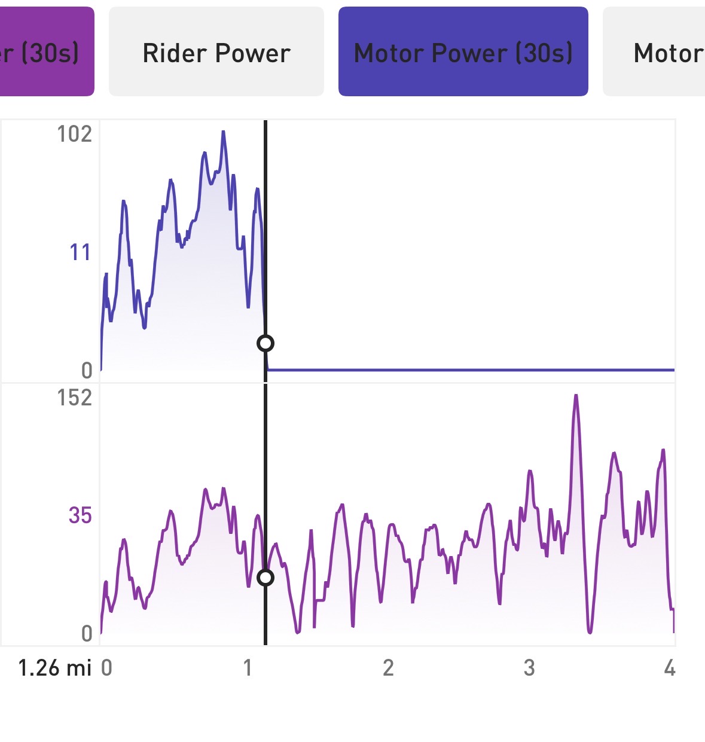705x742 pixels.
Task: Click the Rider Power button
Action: pyautogui.click(x=216, y=53)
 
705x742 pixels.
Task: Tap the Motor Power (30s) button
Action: pyautogui.click(x=463, y=53)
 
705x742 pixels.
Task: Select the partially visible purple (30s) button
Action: pyautogui.click(x=47, y=53)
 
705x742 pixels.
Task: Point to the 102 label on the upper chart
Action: pyautogui.click(x=75, y=134)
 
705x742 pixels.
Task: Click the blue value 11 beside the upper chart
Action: pyautogui.click(x=80, y=252)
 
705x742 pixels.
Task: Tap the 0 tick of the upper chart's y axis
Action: pyautogui.click(x=87, y=371)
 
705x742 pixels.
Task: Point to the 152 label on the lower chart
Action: pyautogui.click(x=75, y=398)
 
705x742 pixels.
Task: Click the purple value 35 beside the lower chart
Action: pyautogui.click(x=80, y=515)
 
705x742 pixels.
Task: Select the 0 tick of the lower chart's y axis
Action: pyautogui.click(x=87, y=634)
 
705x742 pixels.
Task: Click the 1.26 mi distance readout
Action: pyautogui.click(x=55, y=668)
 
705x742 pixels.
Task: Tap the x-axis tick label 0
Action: pyautogui.click(x=106, y=668)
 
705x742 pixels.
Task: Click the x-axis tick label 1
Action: pyautogui.click(x=248, y=668)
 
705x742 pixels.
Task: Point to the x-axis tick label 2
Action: pyautogui.click(x=388, y=668)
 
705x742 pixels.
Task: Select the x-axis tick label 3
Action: pyautogui.click(x=529, y=668)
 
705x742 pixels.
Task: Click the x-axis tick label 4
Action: pyautogui.click(x=670, y=668)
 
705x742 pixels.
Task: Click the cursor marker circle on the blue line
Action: pyautogui.click(x=265, y=343)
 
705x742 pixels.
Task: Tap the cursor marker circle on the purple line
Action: pyautogui.click(x=265, y=578)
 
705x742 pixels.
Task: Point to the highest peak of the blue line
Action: pyautogui.click(x=223, y=132)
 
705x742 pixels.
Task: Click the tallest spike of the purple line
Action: pyautogui.click(x=576, y=395)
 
